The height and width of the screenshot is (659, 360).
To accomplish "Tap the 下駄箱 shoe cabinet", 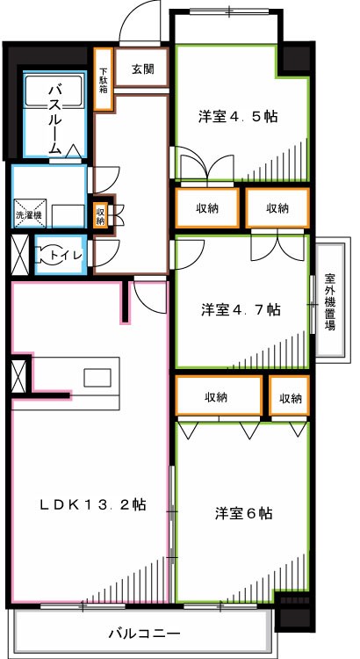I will click(104, 79).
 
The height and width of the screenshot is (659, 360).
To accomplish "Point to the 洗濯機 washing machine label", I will click(29, 214).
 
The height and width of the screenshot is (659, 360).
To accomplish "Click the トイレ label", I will click(66, 255).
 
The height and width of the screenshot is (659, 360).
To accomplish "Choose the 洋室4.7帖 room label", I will click(241, 309).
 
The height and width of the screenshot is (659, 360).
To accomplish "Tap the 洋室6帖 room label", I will click(242, 512).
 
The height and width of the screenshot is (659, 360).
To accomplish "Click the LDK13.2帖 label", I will click(92, 505).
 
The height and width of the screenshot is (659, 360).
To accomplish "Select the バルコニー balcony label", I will click(144, 633).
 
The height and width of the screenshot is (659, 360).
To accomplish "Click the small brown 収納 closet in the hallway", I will click(102, 214).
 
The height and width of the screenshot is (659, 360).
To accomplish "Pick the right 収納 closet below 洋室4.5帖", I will click(277, 208).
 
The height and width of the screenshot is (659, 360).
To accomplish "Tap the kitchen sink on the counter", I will click(96, 376).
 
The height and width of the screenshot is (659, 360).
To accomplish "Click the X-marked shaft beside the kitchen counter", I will click(18, 378).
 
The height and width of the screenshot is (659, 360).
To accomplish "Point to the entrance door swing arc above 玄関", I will click(140, 22).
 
